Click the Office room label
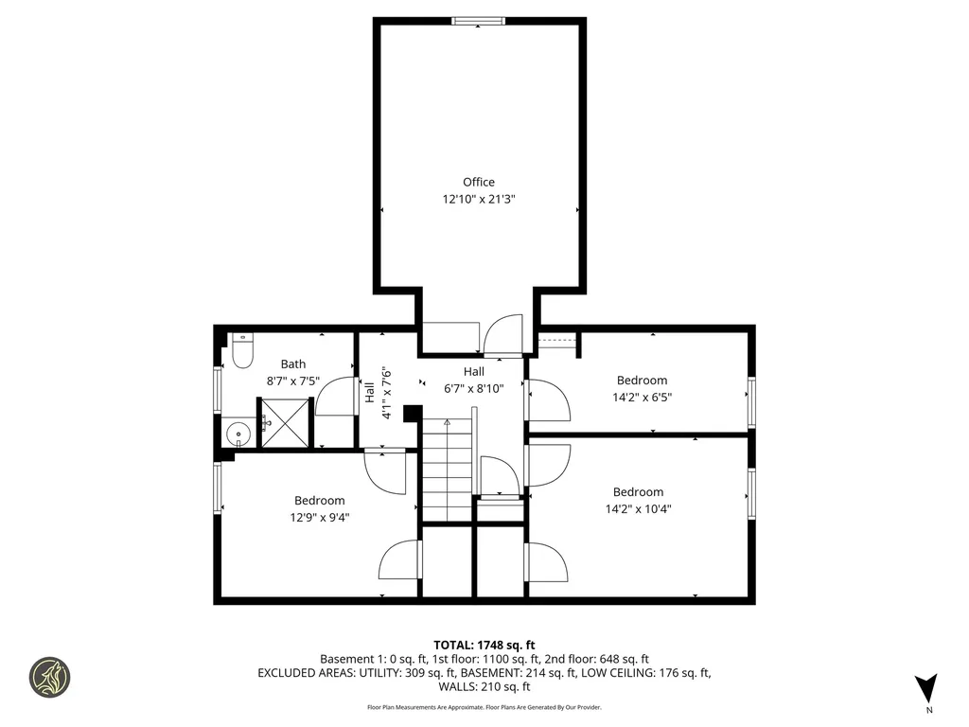coord(478,182)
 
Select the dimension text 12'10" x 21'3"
coord(478,200)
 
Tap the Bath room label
coord(292,363)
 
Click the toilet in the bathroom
coord(241,351)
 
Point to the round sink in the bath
coord(239,435)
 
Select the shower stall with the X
coord(285,420)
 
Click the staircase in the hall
coord(447,470)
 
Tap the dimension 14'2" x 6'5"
coord(642,399)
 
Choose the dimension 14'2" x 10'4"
coord(638,509)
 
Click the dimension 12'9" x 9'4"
coord(319,518)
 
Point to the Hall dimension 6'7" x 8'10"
coord(473,388)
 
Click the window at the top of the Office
coord(478,21)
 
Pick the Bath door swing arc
coord(333,396)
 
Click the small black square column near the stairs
coord(412,414)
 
